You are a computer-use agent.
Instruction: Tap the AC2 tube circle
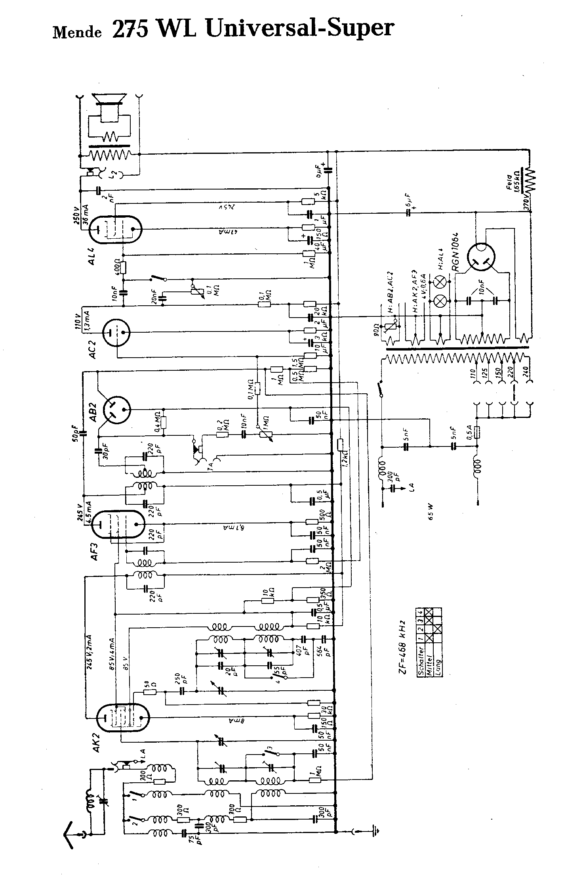(116, 332)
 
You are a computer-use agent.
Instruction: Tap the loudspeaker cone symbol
(109, 99)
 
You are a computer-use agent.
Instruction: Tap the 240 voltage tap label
(527, 375)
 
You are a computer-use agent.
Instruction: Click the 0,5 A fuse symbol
(477, 431)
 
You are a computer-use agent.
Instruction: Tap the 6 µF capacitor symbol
(409, 213)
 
